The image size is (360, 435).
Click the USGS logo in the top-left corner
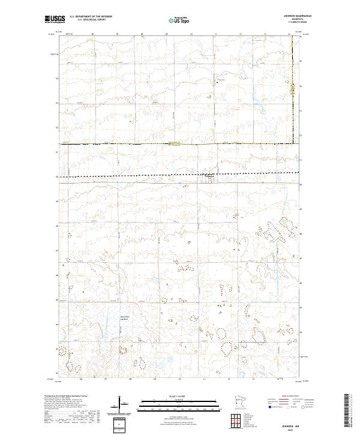pyautogui.click(x=52, y=19)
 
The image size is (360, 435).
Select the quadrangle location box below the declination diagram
pyautogui.click(x=120, y=424)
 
